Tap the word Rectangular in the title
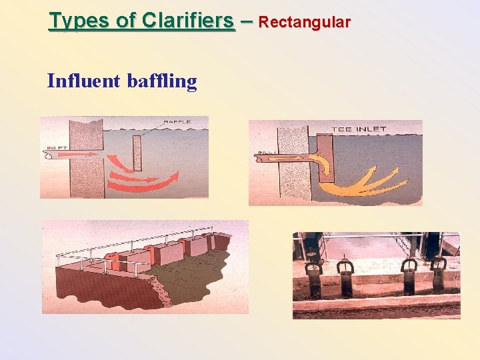coord(304,22)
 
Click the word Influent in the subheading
coord(83,81)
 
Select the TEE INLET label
coord(358,129)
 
